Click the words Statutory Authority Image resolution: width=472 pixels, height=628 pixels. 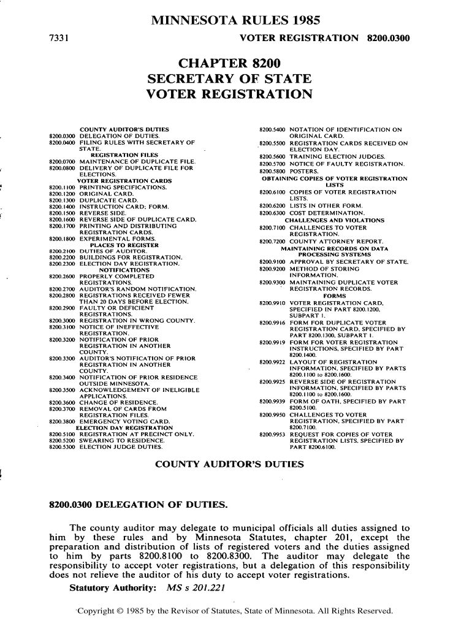(111, 589)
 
